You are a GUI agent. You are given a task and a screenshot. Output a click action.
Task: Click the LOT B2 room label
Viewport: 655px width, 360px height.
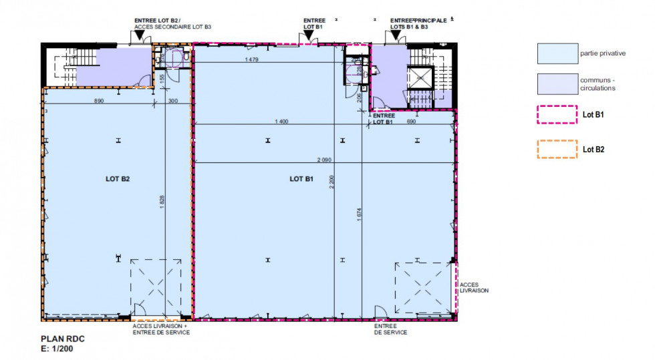117,179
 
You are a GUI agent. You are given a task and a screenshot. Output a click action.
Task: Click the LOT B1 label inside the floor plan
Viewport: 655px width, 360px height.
301,179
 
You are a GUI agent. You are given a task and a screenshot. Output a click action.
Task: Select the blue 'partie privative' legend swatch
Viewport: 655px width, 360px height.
557,53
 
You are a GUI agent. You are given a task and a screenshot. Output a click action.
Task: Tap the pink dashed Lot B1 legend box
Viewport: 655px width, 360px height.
557,115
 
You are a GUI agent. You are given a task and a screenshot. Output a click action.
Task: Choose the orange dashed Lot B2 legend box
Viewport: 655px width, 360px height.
557,148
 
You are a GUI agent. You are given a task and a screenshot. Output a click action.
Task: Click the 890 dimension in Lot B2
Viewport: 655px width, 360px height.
99,101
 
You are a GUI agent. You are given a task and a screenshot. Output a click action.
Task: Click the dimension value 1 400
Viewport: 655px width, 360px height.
281,122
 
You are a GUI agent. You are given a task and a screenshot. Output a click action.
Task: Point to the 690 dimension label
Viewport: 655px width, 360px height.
411,122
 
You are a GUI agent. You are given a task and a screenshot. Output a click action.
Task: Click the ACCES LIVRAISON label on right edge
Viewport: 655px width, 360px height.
475,288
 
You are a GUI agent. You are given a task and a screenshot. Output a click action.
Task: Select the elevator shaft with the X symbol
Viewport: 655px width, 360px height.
420,79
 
